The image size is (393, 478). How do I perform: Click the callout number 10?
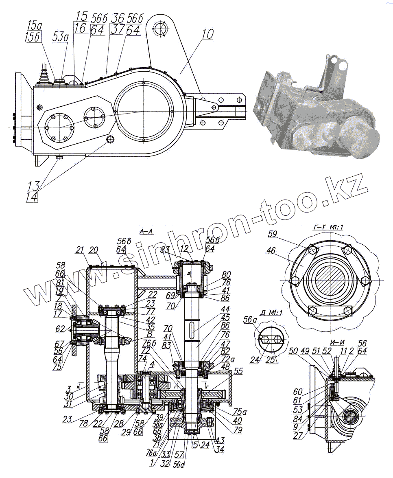click(x=207, y=34)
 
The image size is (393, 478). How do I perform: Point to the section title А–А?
click(x=146, y=231)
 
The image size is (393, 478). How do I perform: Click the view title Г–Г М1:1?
click(x=328, y=227)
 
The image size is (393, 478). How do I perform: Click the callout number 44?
click(x=225, y=310)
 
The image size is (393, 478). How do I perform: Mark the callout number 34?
click(x=220, y=449)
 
